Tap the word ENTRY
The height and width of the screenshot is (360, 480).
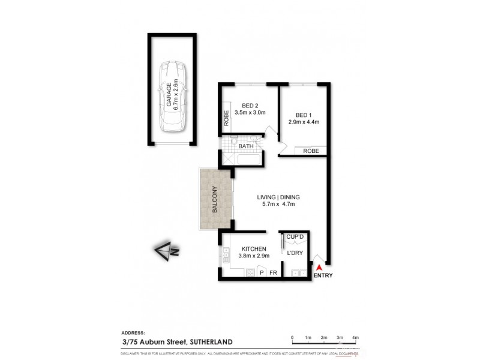coord(323,275)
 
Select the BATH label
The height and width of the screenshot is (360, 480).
coord(246,146)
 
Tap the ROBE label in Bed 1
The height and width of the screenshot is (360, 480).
coord(311,151)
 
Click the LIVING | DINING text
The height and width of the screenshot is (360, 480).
coord(278,196)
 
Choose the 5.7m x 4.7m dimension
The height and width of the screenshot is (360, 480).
coord(278,205)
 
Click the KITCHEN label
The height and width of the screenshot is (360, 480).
coord(254,248)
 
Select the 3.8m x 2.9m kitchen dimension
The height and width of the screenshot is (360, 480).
coord(254,256)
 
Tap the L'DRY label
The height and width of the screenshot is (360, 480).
coord(295,253)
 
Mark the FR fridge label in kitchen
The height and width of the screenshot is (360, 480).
coord(272,273)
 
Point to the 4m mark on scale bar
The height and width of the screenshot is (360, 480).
coord(355,338)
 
